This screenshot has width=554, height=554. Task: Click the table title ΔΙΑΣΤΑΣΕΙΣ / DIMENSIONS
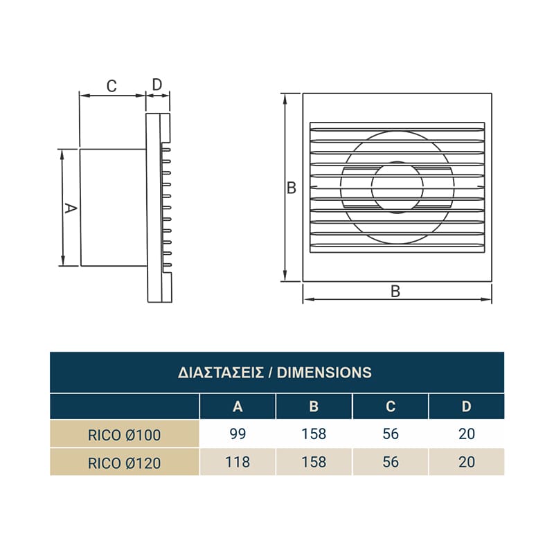tap(274, 373)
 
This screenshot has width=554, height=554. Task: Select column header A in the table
tap(238, 406)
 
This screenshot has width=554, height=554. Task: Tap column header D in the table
tap(466, 406)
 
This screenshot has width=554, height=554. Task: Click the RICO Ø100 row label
tap(125, 435)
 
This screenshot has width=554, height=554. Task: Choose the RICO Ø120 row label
tap(125, 463)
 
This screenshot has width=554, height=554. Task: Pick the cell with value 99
tap(238, 434)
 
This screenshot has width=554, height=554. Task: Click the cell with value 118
tap(238, 462)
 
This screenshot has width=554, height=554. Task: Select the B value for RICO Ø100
tap(314, 434)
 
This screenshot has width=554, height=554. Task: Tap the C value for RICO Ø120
tap(391, 462)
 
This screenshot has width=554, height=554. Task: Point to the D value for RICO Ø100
tap(466, 434)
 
